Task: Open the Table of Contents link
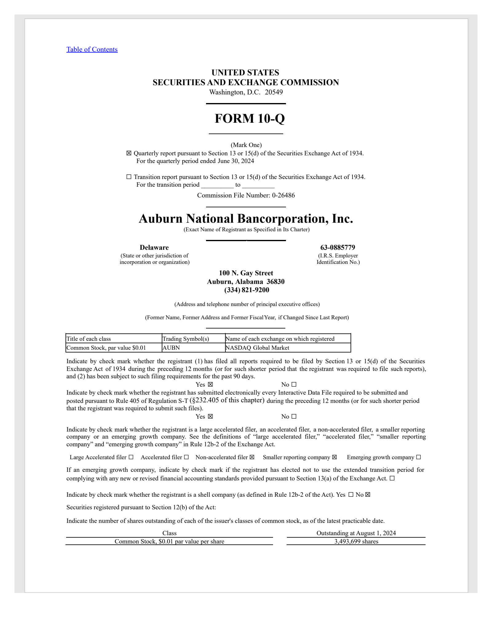click(92, 50)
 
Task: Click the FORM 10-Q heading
click(250, 119)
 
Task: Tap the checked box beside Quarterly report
click(129, 153)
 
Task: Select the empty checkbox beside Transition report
click(129, 177)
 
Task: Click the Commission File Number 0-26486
click(283, 195)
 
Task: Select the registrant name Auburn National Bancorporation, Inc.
click(246, 219)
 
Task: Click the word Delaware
click(154, 248)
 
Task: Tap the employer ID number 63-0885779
click(338, 248)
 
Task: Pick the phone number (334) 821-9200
click(247, 290)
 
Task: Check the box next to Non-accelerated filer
click(252, 457)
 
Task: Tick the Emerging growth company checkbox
click(419, 457)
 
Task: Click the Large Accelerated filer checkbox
click(131, 457)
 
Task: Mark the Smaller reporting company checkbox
click(335, 457)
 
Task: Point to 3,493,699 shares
click(356, 542)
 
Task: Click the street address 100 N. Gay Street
click(246, 273)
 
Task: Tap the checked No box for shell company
click(368, 495)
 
